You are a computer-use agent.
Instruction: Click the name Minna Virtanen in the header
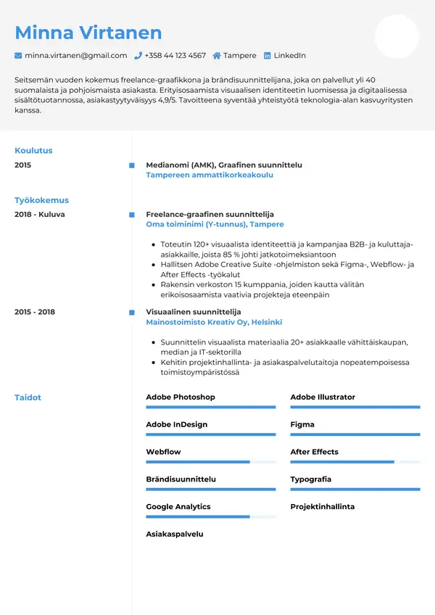[x=88, y=33]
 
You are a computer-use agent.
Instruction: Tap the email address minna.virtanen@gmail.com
[x=75, y=55]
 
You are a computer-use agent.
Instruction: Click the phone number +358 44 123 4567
[x=175, y=55]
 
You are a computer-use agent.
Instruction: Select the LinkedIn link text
[x=289, y=55]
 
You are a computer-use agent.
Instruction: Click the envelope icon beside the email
[x=18, y=55]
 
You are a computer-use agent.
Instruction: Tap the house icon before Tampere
[x=217, y=55]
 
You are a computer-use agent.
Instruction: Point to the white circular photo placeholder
[x=397, y=36]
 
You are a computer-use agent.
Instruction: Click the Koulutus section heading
[x=33, y=151]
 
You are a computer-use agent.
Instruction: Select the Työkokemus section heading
[x=41, y=200]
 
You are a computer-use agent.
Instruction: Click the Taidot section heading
[x=28, y=397]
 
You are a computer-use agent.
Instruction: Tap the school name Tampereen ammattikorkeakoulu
[x=210, y=175]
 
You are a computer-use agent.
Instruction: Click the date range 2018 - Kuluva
[x=39, y=215]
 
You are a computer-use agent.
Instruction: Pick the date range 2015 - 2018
[x=35, y=312]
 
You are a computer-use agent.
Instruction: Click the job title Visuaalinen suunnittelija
[x=193, y=312]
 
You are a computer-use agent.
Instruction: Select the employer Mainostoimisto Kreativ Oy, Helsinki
[x=214, y=322]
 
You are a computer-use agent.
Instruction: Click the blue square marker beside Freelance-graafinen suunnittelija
[x=131, y=215]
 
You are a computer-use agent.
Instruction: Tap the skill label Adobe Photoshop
[x=181, y=397]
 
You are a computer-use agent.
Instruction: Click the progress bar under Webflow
[x=210, y=462]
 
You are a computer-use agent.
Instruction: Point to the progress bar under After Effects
[x=355, y=462]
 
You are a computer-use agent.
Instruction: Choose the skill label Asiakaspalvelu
[x=175, y=534]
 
